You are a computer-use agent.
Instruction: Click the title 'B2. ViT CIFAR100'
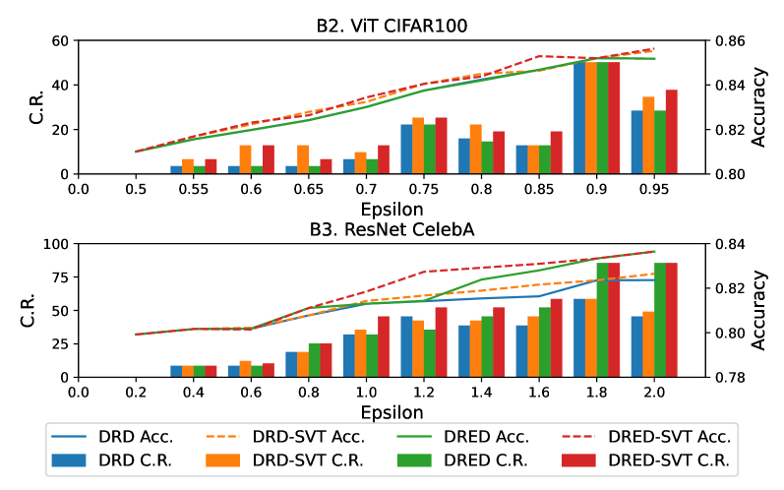pos(391,27)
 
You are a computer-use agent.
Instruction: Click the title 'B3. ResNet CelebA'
pos(391,229)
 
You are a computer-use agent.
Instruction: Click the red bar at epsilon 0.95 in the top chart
pos(672,132)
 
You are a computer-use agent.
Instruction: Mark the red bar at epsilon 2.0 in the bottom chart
pos(672,320)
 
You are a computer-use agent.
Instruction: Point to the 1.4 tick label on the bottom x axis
pos(482,391)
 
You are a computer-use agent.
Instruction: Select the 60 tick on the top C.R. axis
pos(56,41)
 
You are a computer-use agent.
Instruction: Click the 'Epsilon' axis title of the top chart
pos(391,209)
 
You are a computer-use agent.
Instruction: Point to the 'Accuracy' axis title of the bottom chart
pos(758,310)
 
